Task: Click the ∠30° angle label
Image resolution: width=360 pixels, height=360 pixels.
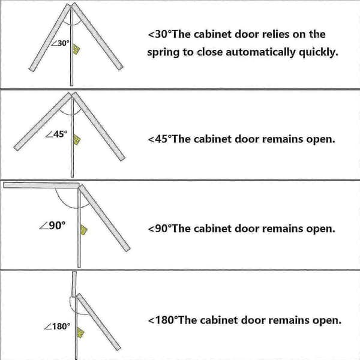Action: click(x=60, y=43)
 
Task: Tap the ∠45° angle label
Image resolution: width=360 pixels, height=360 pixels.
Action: click(x=56, y=134)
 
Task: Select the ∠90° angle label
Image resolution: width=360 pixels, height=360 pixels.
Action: click(x=52, y=226)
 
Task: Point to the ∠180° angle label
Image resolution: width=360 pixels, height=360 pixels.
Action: click(x=57, y=326)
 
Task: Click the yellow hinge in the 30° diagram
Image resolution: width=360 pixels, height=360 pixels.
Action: click(x=76, y=49)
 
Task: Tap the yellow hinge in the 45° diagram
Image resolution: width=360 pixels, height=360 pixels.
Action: click(x=77, y=140)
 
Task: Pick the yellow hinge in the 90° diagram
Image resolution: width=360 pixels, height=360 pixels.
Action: click(x=83, y=230)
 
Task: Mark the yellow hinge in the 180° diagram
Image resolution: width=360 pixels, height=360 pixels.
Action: click(x=80, y=332)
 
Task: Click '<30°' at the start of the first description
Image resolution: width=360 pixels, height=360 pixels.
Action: click(x=160, y=34)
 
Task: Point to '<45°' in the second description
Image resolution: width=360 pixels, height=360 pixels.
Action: click(x=160, y=139)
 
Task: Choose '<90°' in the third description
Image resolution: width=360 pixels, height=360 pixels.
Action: click(x=160, y=229)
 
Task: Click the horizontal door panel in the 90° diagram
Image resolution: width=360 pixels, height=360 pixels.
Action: click(x=41, y=185)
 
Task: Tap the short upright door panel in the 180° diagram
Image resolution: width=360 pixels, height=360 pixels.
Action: click(x=74, y=284)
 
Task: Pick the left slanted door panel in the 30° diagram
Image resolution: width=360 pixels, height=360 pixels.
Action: click(x=50, y=38)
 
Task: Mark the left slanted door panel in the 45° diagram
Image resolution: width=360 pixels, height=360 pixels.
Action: click(x=43, y=122)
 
